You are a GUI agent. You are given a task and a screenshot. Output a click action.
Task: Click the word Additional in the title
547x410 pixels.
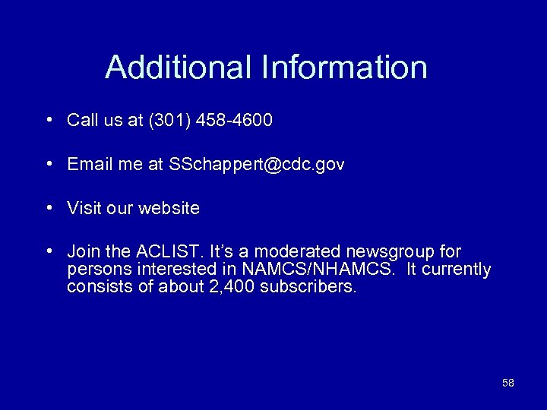(x=179, y=67)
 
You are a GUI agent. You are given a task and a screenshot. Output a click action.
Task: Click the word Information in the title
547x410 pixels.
(x=344, y=67)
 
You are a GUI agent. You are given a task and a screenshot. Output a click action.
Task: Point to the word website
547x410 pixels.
(x=169, y=208)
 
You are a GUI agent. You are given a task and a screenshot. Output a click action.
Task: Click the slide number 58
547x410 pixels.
(x=508, y=383)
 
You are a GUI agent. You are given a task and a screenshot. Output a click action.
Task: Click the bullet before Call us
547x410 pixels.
(x=48, y=120)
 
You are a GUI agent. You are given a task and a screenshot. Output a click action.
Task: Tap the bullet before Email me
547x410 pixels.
(x=48, y=164)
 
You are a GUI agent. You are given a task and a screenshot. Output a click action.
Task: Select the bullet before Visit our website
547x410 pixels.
(x=48, y=207)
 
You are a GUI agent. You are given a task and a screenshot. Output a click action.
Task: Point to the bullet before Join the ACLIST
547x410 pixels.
(x=48, y=251)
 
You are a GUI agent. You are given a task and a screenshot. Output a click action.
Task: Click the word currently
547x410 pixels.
(x=457, y=270)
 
